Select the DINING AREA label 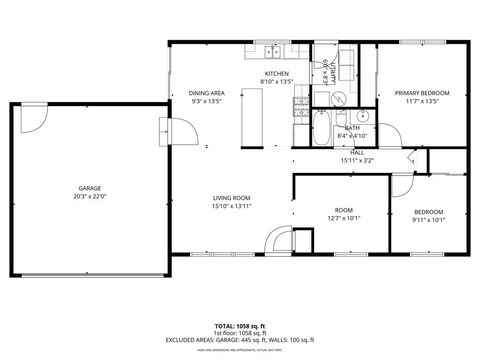[206, 93]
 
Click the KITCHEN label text [276, 74]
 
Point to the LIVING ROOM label [231, 198]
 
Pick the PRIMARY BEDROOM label [421, 93]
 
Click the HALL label [356, 152]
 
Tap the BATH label [353, 128]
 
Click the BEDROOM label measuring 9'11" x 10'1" [429, 211]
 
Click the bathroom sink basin [337, 98]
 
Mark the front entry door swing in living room [278, 241]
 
